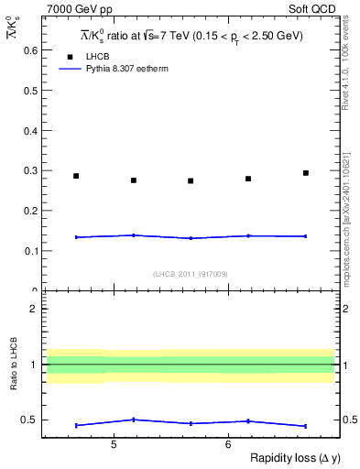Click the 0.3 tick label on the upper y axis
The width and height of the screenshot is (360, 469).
tap(30, 170)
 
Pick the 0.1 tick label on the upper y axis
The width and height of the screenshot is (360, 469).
tap(30, 251)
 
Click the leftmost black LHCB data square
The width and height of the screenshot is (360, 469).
tap(76, 176)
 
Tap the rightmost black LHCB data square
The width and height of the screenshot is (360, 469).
tap(306, 173)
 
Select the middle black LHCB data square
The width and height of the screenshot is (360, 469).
tap(191, 180)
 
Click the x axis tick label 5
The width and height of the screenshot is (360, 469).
tap(113, 444)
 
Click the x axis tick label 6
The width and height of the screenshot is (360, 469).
tap(227, 444)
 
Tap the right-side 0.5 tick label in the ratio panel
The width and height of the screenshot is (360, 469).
tap(348, 420)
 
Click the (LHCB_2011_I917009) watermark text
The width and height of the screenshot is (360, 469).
tap(191, 274)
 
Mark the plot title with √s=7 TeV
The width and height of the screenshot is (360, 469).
tap(190, 36)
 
